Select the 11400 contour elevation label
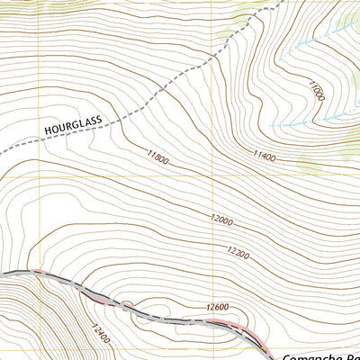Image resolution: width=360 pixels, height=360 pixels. (x=263, y=157)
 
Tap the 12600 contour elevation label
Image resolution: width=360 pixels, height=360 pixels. (x=218, y=307)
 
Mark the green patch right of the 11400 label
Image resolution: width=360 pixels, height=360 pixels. (x=309, y=165)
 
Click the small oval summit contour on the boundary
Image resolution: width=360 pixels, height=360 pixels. (x=125, y=305)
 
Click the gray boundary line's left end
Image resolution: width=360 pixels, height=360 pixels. (x=3, y=271)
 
